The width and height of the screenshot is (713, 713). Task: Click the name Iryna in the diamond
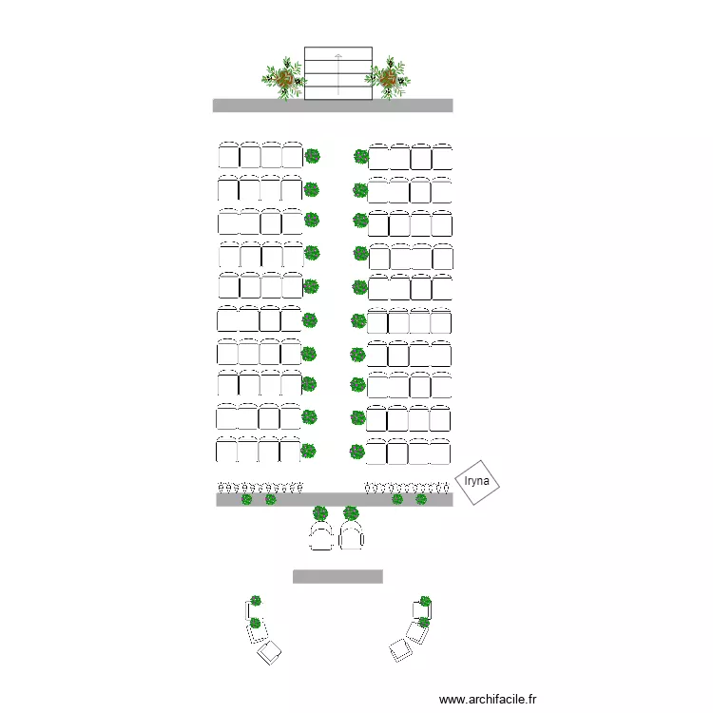(x=476, y=481)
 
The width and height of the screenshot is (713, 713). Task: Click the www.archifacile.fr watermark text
(x=488, y=699)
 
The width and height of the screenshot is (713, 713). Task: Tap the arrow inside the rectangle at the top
(x=337, y=74)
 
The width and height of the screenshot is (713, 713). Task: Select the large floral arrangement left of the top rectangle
(x=284, y=79)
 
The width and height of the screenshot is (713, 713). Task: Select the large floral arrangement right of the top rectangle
(x=388, y=78)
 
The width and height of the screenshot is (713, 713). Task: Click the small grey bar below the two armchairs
(x=337, y=576)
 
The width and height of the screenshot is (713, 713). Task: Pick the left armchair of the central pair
(x=321, y=535)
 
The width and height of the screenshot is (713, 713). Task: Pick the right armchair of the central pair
(x=352, y=535)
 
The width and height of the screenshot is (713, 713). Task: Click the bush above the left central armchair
(x=320, y=513)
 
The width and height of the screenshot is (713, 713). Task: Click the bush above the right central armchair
(x=351, y=513)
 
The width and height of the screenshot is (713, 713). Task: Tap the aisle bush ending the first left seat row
(x=313, y=156)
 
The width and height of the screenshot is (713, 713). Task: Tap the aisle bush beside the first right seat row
(x=361, y=157)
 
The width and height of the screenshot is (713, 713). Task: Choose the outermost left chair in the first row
(x=229, y=155)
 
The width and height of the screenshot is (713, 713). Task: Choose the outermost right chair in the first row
(x=442, y=157)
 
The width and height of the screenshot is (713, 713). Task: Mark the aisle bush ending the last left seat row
(x=308, y=451)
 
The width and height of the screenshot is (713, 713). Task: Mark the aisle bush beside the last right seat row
(x=357, y=452)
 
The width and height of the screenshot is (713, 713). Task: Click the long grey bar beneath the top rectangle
(x=333, y=105)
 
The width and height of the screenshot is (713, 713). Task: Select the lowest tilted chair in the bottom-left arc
(x=269, y=652)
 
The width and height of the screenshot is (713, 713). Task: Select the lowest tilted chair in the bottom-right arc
(x=400, y=650)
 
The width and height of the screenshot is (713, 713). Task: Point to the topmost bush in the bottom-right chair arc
(x=425, y=601)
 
